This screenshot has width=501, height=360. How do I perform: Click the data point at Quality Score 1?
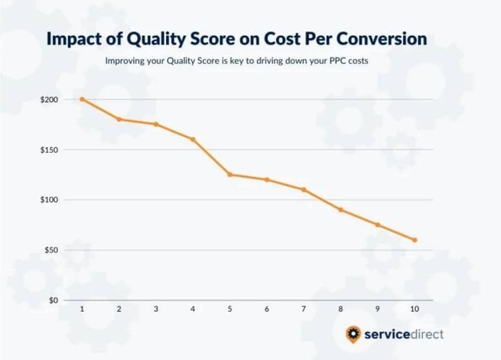82,99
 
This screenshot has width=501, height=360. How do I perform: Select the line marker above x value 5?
230,174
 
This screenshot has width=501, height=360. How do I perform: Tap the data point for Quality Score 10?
415,240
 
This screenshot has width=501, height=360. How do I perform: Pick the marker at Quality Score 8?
341,209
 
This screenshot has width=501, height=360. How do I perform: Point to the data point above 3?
156,124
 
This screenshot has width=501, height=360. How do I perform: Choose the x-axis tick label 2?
119,310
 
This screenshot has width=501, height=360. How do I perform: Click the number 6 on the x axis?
267,310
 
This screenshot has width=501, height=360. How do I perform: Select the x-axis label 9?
378,310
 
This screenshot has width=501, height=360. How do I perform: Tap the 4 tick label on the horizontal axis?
193,310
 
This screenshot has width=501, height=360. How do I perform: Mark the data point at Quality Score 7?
304,190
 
